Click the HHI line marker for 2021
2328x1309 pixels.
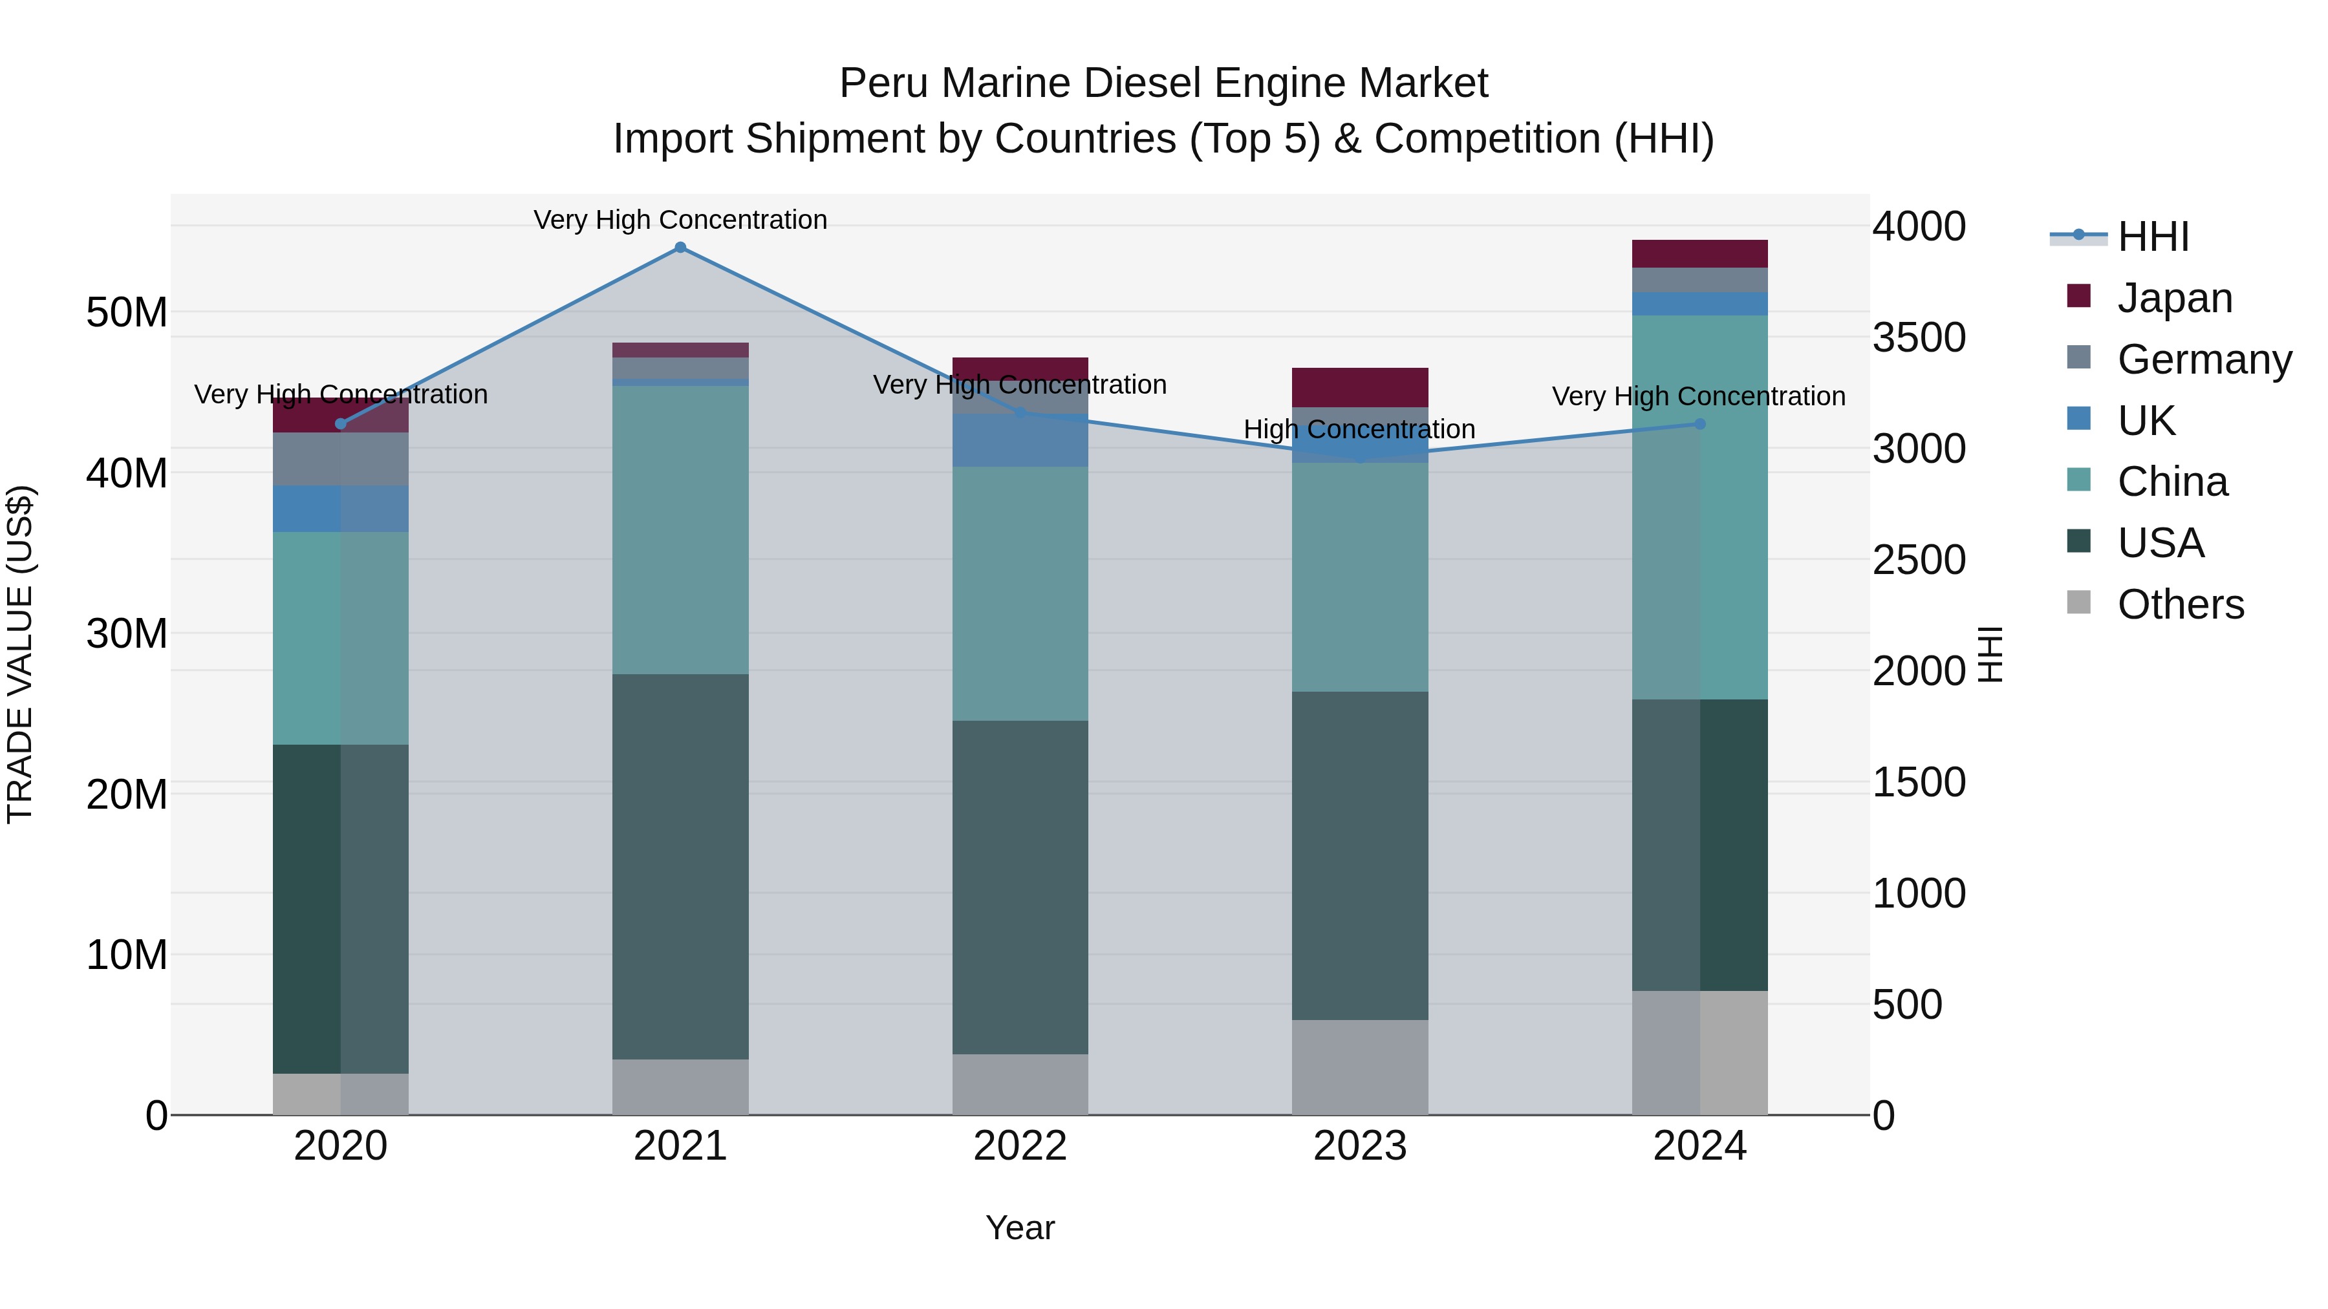[680, 248]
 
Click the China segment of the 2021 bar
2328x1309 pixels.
[680, 529]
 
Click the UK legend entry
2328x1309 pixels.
[2146, 421]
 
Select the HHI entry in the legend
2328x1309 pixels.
[2153, 237]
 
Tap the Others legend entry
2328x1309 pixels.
[2180, 604]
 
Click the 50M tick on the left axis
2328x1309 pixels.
[127, 313]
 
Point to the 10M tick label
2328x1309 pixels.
[127, 955]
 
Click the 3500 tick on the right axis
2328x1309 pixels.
[1919, 338]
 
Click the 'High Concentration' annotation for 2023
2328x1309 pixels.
[1359, 429]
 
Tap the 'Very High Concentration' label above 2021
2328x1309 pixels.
[680, 220]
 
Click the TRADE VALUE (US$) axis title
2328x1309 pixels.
[20, 654]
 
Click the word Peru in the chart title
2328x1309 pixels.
[883, 83]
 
